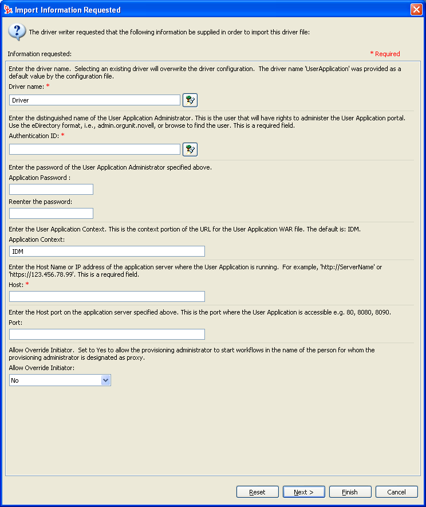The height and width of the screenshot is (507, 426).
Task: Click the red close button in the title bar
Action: point(416,10)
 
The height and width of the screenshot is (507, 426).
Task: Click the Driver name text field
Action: point(95,100)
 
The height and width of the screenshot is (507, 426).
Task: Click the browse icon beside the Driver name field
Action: point(190,100)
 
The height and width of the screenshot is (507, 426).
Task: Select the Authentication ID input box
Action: point(95,149)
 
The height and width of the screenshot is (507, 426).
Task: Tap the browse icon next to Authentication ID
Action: point(190,150)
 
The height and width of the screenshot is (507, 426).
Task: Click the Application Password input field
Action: point(51,190)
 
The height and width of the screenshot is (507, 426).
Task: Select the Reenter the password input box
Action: point(51,213)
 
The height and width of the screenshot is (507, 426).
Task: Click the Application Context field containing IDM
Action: point(107,251)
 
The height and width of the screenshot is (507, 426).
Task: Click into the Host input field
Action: point(107,296)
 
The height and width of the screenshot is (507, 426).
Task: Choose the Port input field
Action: point(107,334)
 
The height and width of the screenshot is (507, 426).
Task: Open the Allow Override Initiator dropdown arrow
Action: point(105,380)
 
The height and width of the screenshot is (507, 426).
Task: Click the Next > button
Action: point(304,492)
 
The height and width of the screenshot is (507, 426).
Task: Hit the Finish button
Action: point(350,492)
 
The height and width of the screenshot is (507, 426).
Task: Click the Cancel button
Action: point(397,492)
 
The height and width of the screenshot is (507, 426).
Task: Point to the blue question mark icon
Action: point(17,32)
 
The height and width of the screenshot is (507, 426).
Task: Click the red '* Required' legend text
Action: point(385,54)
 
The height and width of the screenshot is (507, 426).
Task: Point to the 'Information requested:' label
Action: point(40,54)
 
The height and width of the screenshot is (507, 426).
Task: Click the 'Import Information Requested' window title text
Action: point(68,10)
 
